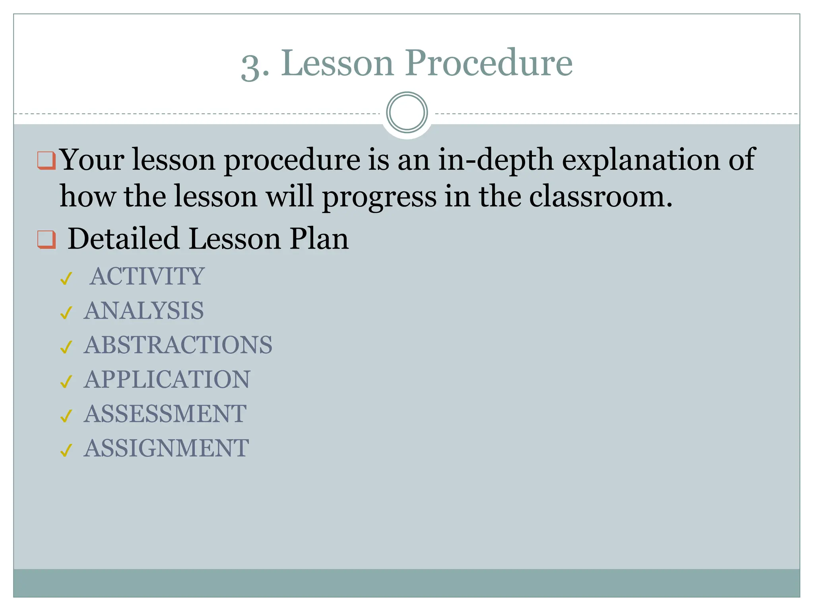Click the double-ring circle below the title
[407, 112]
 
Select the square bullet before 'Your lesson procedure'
[46, 160]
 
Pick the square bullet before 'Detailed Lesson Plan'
[46, 239]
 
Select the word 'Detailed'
[123, 239]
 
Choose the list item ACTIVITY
[147, 276]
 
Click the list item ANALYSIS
[143, 311]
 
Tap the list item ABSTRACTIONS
[178, 345]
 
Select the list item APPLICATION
[167, 379]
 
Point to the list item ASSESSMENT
[165, 414]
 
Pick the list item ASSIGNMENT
[166, 448]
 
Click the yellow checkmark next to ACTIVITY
[66, 278]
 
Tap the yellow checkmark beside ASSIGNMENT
[66, 450]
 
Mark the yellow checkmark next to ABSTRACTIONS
[66, 347]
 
